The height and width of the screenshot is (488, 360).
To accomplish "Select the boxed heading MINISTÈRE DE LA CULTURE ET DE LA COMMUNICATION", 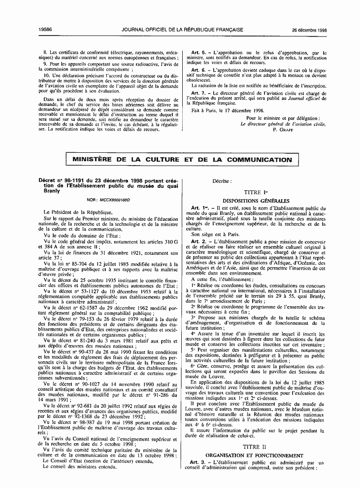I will pos(182,159).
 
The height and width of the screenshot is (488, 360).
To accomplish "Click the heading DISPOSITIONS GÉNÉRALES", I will pos(254,201).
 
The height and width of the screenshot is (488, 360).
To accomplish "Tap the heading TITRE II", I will pos(255,445).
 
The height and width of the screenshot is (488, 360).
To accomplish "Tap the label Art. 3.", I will pos(198,462).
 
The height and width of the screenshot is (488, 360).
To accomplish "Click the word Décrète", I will pos(222,181).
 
